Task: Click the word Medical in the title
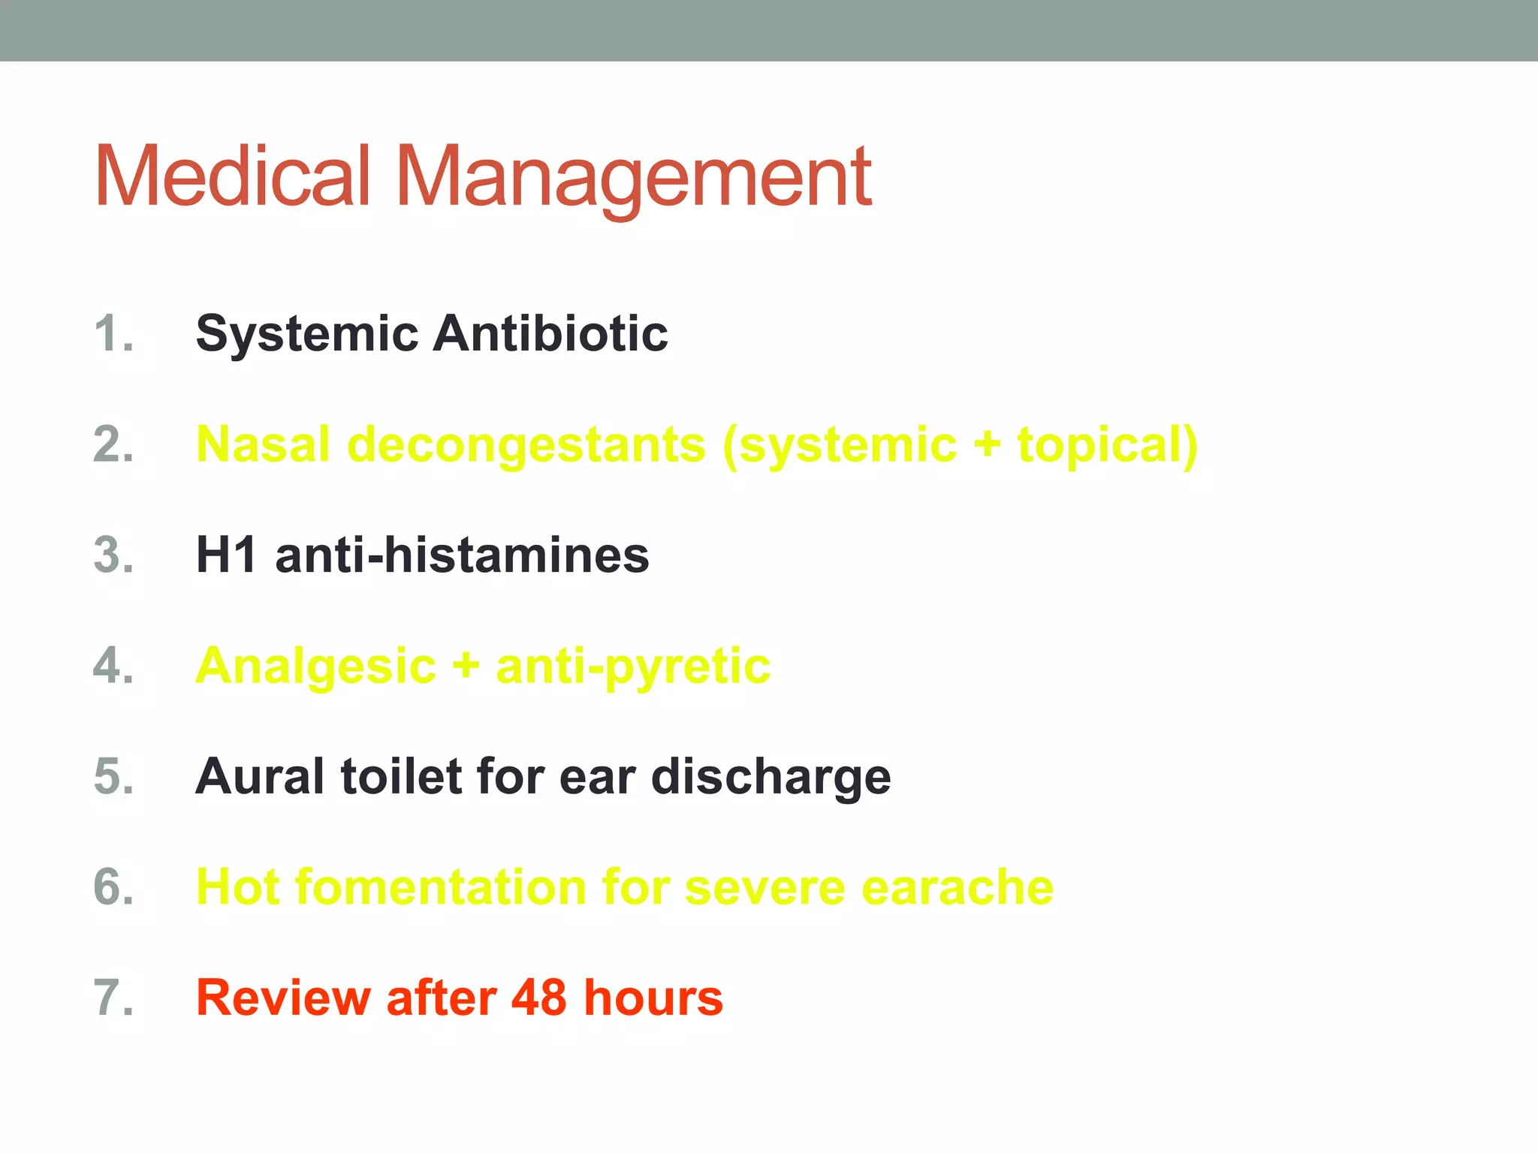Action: pos(233,176)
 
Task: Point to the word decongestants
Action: pos(526,445)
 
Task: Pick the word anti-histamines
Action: pos(462,555)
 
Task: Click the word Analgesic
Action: pos(315,667)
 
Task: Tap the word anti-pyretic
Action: pos(633,667)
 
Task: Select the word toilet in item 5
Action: pos(401,776)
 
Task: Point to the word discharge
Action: pos(771,778)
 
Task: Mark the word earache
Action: pos(957,887)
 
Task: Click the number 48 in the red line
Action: pos(538,998)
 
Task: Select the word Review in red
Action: pos(283,998)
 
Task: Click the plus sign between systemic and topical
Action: pos(987,445)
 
